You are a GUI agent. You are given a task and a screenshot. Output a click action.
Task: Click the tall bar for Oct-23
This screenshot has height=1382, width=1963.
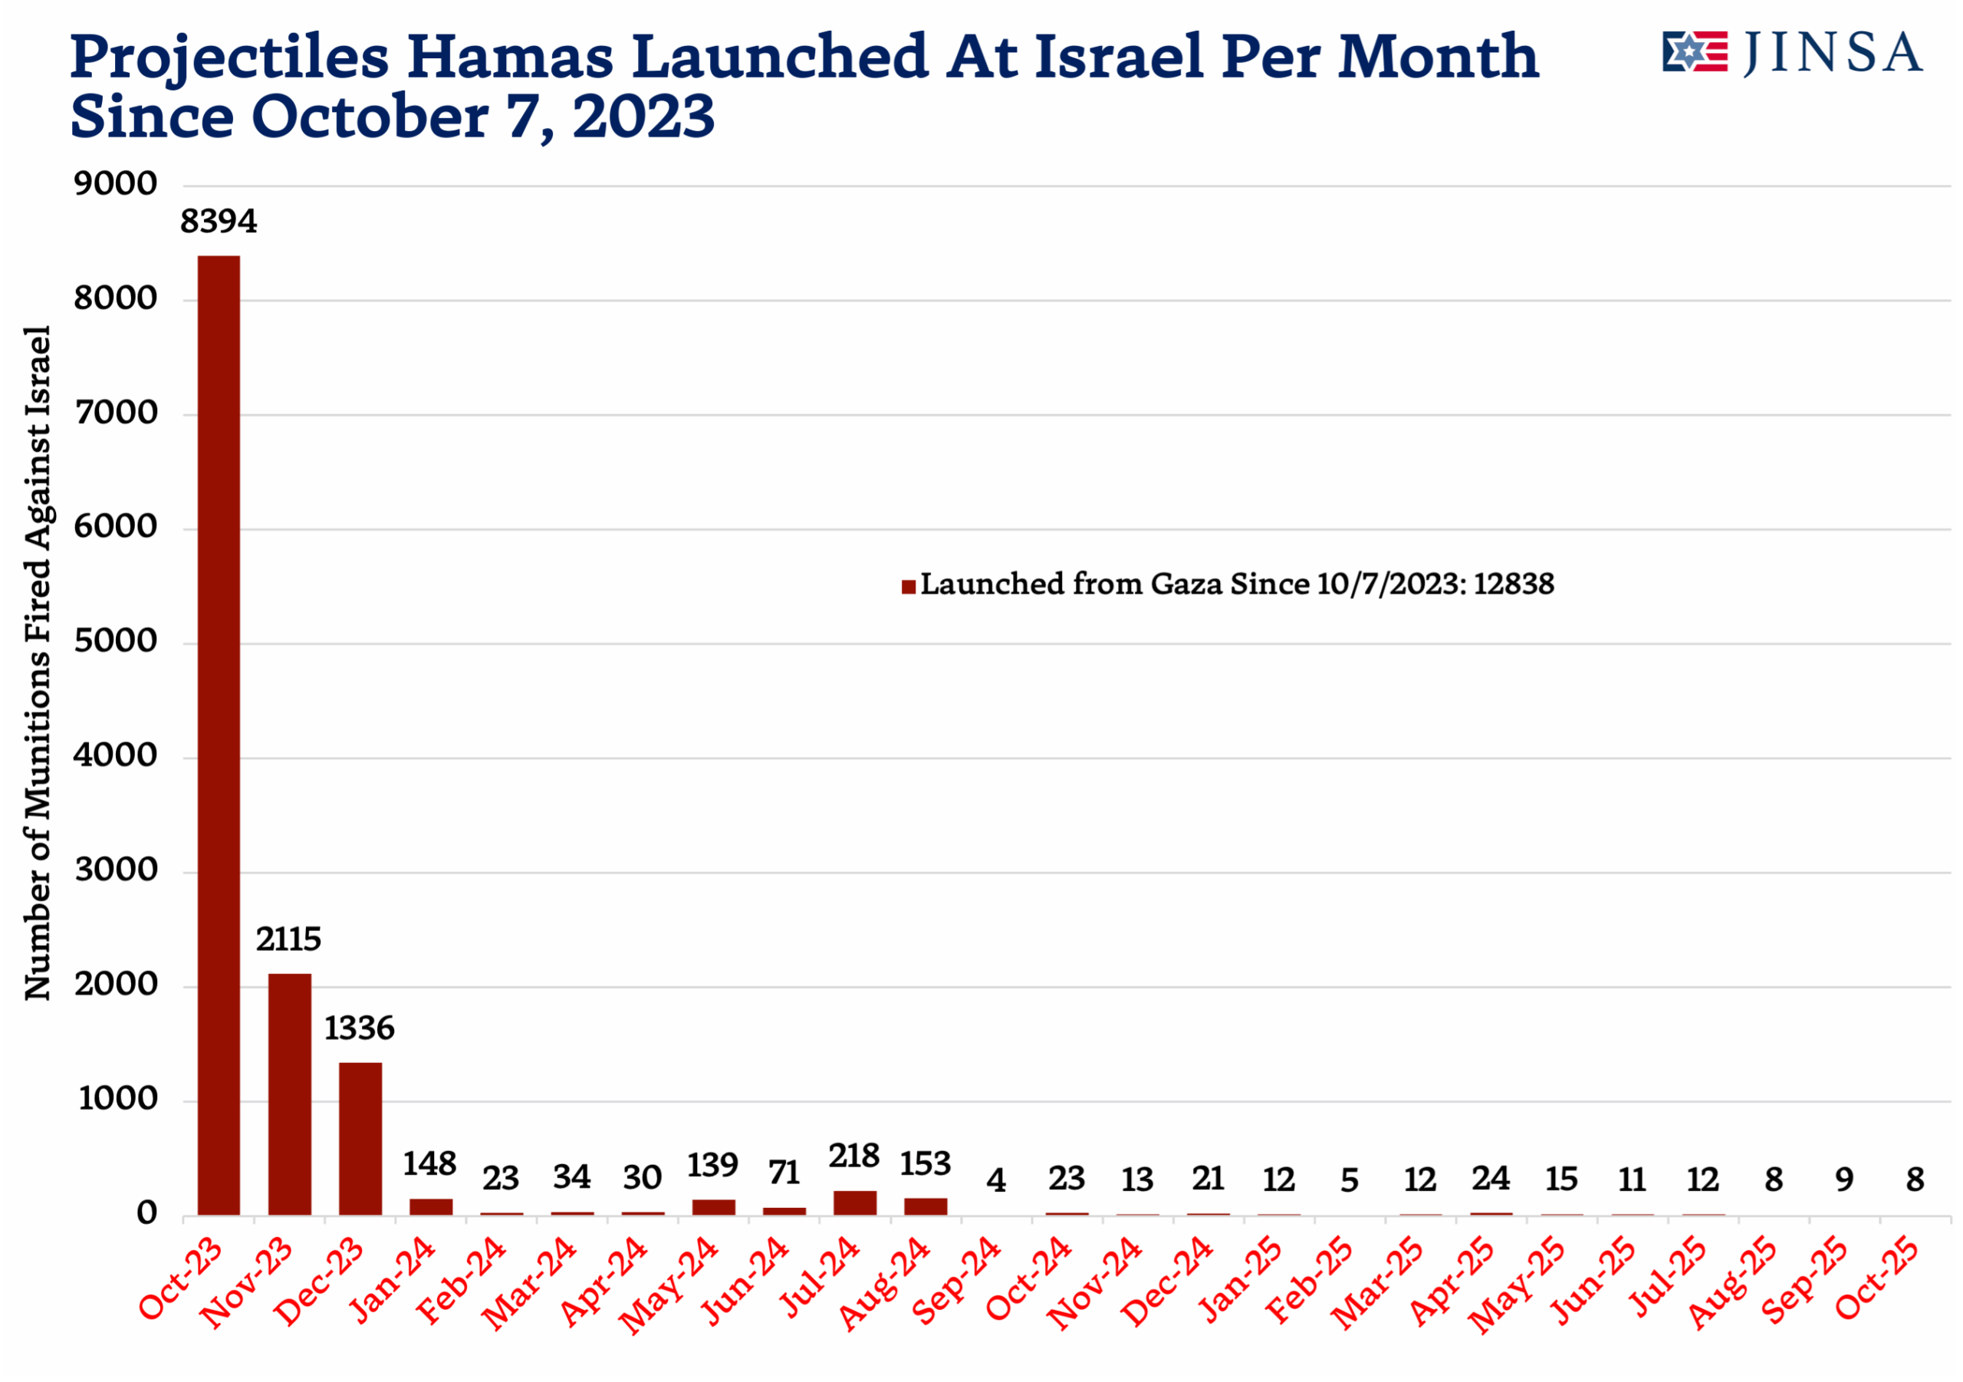click(219, 735)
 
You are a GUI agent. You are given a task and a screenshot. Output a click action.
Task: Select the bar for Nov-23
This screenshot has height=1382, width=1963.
click(290, 1094)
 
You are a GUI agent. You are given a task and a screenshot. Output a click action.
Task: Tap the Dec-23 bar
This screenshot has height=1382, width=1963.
click(360, 1138)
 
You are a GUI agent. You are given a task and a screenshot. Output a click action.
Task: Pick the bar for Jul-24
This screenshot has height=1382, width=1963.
click(855, 1203)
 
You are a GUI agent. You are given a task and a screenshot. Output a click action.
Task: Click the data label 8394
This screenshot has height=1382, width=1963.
click(218, 222)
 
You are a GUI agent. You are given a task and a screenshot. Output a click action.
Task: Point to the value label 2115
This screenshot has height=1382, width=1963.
click(289, 939)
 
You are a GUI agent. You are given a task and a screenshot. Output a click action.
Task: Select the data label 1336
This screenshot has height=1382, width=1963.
click(359, 1028)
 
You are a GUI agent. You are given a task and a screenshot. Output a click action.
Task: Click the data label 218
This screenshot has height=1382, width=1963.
click(854, 1157)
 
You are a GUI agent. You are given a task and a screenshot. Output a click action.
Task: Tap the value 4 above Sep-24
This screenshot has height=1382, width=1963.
click(996, 1181)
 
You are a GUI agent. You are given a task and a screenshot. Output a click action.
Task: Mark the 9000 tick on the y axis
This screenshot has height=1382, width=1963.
click(117, 184)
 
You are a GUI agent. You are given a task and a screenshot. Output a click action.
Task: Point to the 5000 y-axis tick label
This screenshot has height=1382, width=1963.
click(117, 641)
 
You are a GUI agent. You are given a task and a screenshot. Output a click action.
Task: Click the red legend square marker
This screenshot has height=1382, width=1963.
click(909, 587)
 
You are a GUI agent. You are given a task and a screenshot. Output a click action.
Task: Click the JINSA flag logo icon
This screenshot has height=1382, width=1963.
click(1695, 52)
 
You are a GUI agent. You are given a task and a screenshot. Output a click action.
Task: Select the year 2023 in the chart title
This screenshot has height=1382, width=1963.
click(643, 117)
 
